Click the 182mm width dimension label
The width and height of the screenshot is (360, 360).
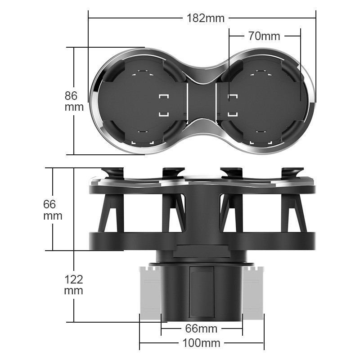(x=205, y=18)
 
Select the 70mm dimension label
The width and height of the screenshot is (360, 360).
(x=264, y=36)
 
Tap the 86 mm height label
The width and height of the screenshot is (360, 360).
(x=74, y=101)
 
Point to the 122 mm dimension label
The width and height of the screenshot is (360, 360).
(x=73, y=285)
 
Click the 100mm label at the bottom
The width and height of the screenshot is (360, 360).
(x=201, y=343)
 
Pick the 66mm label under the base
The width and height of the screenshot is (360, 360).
(x=202, y=328)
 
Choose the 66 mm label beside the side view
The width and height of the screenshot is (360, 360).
(x=53, y=210)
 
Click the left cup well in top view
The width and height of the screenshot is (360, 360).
(x=139, y=101)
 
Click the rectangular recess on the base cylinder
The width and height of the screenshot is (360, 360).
(x=201, y=292)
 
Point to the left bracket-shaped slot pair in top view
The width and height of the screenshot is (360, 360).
(x=163, y=104)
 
